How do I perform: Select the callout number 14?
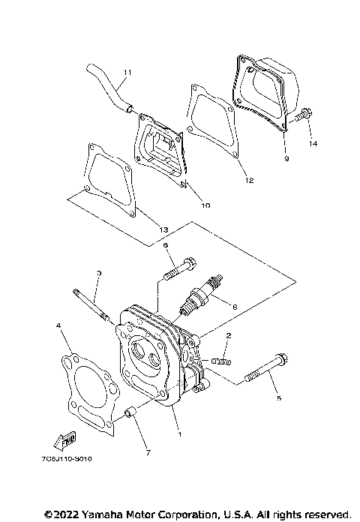click(313, 142)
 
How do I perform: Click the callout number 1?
click(178, 432)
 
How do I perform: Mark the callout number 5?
click(278, 398)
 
